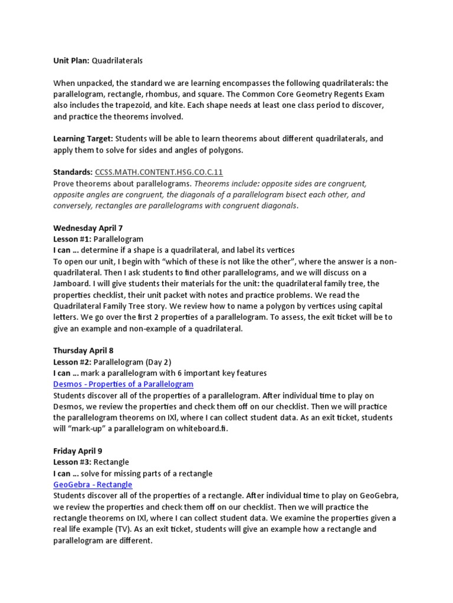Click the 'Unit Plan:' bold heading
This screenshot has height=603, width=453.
click(71, 61)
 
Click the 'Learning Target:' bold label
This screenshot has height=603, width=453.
click(83, 139)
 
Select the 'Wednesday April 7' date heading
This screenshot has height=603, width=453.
click(88, 228)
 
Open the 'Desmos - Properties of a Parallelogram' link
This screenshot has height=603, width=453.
click(123, 384)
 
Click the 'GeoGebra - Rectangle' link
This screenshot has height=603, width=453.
click(93, 485)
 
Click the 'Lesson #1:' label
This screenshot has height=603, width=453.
click(73, 239)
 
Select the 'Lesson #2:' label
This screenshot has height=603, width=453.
click(73, 362)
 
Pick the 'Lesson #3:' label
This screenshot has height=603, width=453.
click(73, 462)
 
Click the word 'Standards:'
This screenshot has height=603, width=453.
click(73, 172)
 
